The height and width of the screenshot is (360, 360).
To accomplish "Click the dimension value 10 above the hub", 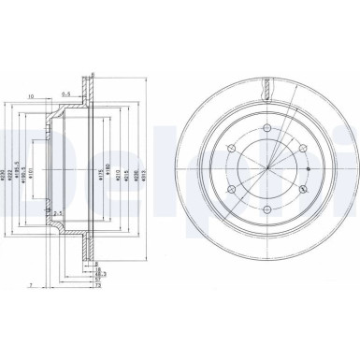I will tap(31, 95).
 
